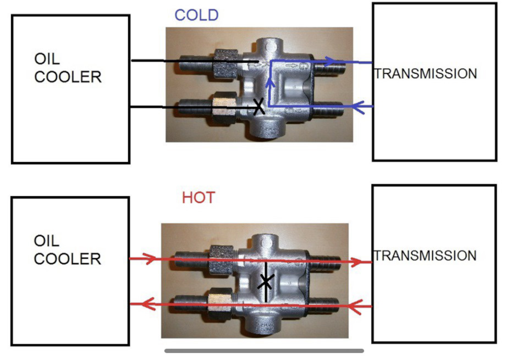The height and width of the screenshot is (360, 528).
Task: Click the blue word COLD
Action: click(x=197, y=15)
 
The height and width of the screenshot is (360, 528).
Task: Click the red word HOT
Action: click(x=199, y=197)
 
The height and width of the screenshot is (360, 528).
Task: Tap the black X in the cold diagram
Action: click(x=258, y=107)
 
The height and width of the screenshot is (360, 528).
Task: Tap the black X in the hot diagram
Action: click(x=266, y=282)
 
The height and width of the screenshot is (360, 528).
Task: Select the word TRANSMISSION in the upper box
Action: click(x=426, y=74)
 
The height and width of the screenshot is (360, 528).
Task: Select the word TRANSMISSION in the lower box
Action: click(x=425, y=256)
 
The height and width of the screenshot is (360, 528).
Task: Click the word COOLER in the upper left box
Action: click(x=68, y=77)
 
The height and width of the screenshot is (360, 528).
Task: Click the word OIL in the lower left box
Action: click(x=46, y=241)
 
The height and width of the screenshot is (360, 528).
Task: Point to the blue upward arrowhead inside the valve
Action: click(x=270, y=82)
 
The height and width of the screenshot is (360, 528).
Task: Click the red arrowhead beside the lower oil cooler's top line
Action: click(x=149, y=259)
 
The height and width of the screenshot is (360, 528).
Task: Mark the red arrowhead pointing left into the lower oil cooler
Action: click(x=147, y=304)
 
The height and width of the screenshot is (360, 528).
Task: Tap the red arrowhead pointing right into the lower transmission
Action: click(x=356, y=262)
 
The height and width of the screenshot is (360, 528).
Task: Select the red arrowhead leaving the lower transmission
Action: click(x=355, y=307)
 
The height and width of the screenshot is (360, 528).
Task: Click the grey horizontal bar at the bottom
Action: click(x=265, y=351)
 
